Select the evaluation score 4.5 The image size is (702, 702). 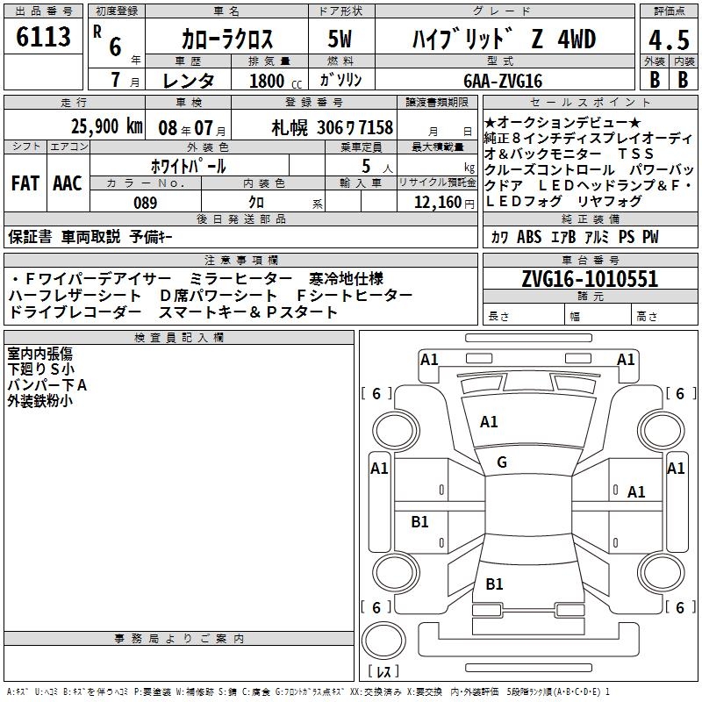pyautogui.click(x=668, y=39)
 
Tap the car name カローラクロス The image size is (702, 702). pyautogui.click(x=227, y=39)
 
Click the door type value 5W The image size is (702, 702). pyautogui.click(x=340, y=39)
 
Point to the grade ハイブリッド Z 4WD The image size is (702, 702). pyautogui.click(x=504, y=39)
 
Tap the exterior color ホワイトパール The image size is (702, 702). pyautogui.click(x=190, y=165)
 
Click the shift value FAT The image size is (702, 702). pyautogui.click(x=25, y=183)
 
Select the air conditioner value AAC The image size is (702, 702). pyautogui.click(x=67, y=183)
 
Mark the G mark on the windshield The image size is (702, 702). pyautogui.click(x=501, y=462)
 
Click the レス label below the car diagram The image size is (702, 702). pyautogui.click(x=383, y=672)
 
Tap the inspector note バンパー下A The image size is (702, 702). pyautogui.click(x=47, y=385)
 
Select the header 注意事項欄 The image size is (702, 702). pyautogui.click(x=241, y=261)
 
